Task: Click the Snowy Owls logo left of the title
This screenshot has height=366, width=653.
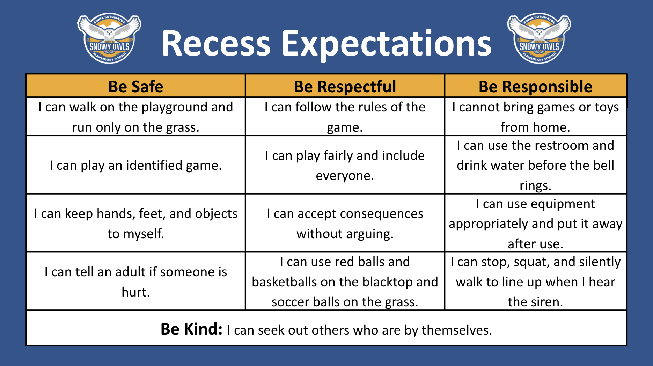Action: click(109, 39)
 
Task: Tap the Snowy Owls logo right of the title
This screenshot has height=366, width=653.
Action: click(539, 39)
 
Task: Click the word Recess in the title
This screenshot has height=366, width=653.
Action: click(216, 44)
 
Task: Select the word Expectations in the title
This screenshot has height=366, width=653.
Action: click(387, 44)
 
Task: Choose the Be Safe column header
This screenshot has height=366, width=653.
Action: click(136, 86)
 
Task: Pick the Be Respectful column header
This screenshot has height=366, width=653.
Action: click(345, 86)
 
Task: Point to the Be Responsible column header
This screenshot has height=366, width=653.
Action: click(535, 86)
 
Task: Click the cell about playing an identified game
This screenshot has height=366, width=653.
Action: click(136, 165)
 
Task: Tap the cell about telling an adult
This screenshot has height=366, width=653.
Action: click(136, 281)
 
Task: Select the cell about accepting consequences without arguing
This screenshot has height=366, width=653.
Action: click(345, 223)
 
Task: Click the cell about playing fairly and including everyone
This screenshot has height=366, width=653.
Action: click(345, 165)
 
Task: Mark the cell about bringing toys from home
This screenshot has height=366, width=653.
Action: click(535, 117)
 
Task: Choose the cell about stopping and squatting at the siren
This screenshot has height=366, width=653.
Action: click(535, 281)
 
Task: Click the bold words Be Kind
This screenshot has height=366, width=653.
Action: click(191, 329)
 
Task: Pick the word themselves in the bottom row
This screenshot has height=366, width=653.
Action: click(457, 330)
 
